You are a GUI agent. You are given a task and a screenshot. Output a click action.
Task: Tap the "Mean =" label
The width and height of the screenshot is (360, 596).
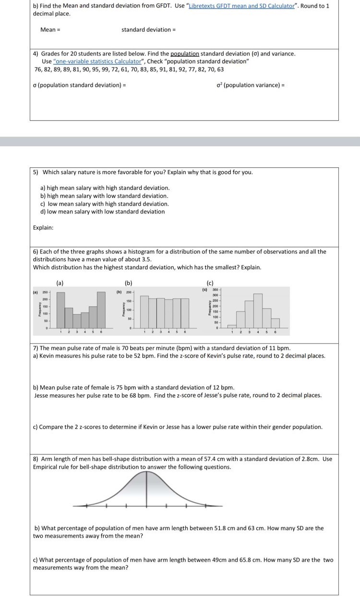tap(50, 30)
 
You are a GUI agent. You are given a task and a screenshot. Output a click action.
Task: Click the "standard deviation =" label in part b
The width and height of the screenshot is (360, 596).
tap(148, 30)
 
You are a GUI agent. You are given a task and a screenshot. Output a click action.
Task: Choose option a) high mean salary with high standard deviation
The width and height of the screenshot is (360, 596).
tap(105, 188)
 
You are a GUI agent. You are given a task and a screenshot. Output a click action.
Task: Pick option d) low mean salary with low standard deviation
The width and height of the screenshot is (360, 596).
tap(102, 212)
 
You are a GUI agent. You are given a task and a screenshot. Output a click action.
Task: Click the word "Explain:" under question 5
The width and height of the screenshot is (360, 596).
tap(43, 227)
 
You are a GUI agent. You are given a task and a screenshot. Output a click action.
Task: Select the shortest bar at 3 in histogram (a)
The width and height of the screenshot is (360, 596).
tap(77, 321)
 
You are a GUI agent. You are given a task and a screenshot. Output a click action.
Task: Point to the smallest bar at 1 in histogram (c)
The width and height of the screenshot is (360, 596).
tap(232, 326)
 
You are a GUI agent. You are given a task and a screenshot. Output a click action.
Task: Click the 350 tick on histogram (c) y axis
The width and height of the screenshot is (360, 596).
tap(216, 290)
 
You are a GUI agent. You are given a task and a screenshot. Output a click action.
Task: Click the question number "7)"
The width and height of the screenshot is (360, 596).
tap(36, 348)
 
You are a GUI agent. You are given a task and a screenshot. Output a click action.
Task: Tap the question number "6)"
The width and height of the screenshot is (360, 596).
tap(36, 251)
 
